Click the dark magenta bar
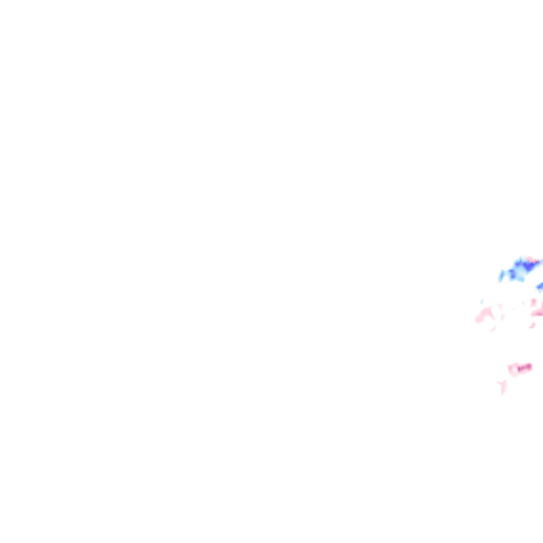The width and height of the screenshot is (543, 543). [524, 367]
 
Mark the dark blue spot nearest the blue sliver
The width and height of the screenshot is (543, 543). [512, 274]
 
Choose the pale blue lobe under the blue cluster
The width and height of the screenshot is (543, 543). [522, 279]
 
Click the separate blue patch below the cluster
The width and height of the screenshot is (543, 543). [540, 286]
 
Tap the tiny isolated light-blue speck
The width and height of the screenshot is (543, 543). [482, 301]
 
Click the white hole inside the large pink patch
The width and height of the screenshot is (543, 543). [496, 311]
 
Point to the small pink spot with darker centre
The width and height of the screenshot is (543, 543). [533, 301]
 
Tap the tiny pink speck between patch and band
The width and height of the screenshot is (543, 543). [513, 309]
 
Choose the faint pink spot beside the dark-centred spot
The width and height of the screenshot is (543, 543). [523, 303]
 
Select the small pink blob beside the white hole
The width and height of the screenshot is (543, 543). [503, 317]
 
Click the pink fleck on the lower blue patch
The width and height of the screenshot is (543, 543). [541, 291]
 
